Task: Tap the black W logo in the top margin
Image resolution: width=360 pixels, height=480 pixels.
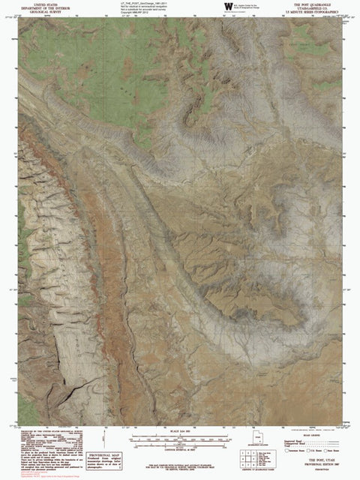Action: (227, 7)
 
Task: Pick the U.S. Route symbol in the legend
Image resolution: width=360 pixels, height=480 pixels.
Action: (310, 455)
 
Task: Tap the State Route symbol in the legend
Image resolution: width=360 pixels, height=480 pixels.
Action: (331, 455)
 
